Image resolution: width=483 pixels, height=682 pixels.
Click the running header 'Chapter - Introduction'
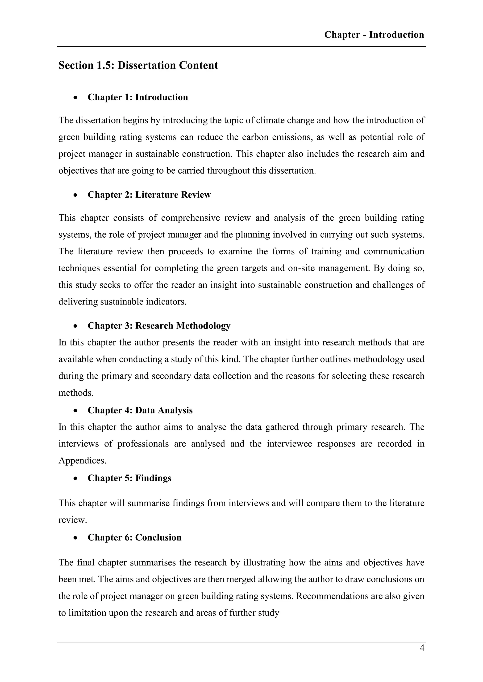point(374,35)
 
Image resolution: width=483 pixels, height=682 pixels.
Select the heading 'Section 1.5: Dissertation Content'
point(138,65)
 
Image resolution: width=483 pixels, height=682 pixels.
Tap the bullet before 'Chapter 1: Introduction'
point(76,98)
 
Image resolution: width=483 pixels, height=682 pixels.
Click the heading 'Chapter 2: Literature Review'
point(149,195)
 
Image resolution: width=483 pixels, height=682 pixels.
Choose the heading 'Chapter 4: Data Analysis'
point(140,410)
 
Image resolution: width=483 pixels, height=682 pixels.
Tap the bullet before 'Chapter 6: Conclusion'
point(76,538)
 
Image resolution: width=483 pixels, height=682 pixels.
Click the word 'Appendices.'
point(82,461)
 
